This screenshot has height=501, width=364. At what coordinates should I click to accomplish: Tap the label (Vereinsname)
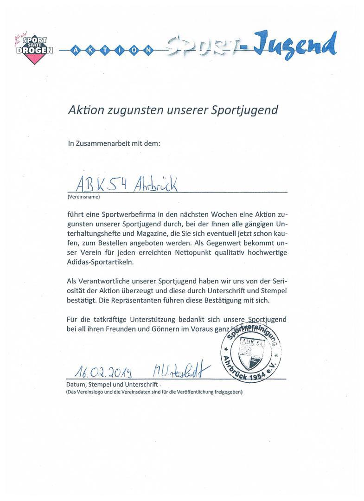84,196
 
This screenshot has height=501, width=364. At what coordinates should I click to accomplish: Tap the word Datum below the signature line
77,385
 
